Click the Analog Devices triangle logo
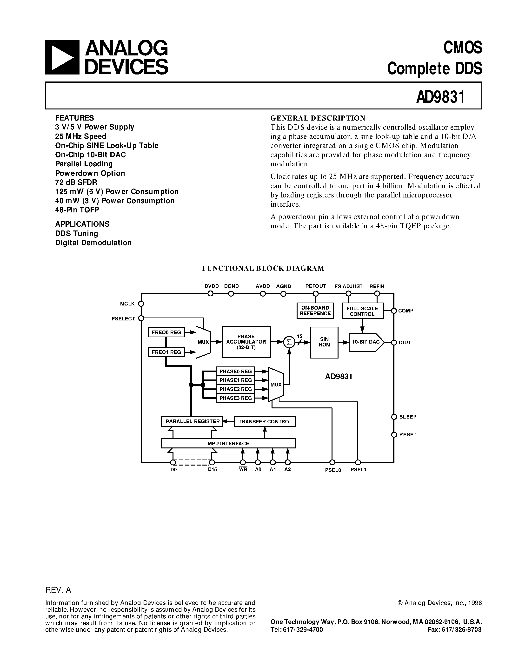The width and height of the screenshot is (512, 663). (x=62, y=57)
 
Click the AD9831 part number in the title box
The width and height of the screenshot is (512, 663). (x=440, y=97)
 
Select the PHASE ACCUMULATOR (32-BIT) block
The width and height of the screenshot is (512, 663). (x=246, y=342)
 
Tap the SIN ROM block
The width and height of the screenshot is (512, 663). (x=324, y=342)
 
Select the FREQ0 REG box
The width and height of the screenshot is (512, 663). (x=166, y=332)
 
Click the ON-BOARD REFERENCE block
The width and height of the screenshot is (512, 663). (x=315, y=311)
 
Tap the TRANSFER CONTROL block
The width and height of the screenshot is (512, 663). (x=265, y=422)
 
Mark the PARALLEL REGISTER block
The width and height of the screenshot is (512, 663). (x=192, y=421)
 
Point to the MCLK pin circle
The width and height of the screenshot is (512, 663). (x=141, y=304)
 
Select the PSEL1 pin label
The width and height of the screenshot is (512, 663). (x=359, y=470)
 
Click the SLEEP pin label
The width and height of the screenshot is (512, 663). (x=408, y=417)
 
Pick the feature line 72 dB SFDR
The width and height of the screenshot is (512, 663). (x=76, y=183)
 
